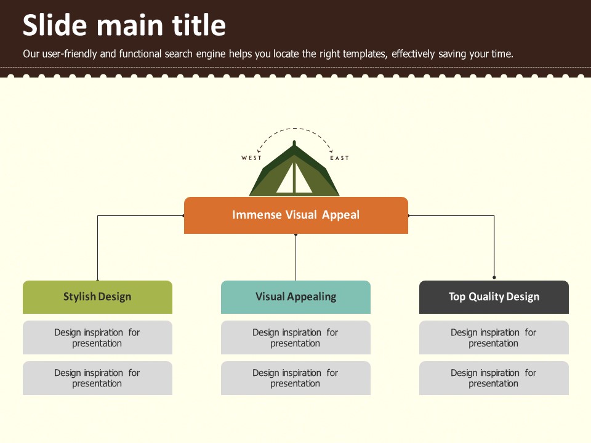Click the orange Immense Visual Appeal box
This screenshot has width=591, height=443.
296,215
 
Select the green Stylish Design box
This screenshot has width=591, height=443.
97,297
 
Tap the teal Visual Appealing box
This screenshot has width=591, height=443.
295,297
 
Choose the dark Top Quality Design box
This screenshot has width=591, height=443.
494,297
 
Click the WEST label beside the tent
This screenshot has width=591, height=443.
251,158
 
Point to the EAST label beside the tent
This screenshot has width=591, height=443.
340,158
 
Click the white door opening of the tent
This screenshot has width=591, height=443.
294,178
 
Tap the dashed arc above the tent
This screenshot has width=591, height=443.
294,129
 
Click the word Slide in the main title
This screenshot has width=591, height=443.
55,25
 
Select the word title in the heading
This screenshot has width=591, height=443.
199,25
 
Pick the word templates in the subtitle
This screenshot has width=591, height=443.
361,54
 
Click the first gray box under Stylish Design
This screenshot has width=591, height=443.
97,338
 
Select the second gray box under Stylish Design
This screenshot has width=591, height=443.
97,378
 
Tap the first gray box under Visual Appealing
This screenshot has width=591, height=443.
295,338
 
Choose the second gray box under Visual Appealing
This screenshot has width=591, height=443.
295,378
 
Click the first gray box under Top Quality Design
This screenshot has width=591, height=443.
494,338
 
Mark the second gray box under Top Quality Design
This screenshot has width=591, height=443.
494,378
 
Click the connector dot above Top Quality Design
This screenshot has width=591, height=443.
494,277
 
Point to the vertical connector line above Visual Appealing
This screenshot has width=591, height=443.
296,257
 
